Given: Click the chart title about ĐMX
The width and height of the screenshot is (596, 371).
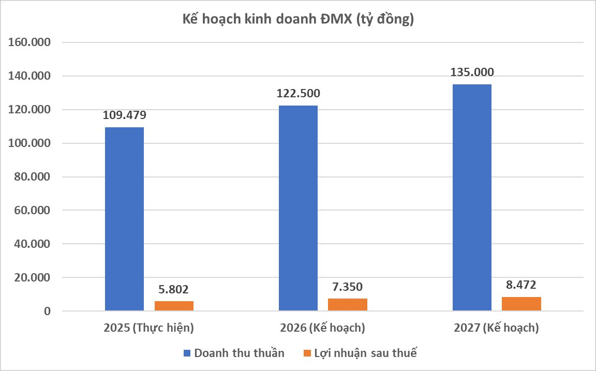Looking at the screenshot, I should click(298, 20).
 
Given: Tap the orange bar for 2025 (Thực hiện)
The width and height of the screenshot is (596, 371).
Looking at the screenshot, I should click(174, 306).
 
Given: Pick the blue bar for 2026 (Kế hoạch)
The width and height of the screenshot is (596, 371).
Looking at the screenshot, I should click(298, 208).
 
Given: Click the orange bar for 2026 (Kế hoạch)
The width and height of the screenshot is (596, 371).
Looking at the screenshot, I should click(348, 305).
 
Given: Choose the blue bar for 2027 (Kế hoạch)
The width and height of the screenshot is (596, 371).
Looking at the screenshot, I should click(472, 198).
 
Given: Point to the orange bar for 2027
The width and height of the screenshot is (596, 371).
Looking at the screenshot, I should click(521, 304).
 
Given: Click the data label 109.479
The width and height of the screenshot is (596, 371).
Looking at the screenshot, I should click(125, 115).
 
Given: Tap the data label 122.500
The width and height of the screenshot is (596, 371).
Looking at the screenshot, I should click(298, 94).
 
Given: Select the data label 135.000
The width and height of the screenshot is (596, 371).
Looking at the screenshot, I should click(472, 72).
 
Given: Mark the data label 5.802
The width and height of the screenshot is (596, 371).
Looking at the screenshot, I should click(174, 289).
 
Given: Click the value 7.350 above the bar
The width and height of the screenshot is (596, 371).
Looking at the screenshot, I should click(348, 287).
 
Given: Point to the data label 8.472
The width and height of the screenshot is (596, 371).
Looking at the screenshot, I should click(521, 285).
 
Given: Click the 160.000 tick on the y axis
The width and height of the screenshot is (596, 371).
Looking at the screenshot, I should click(29, 42).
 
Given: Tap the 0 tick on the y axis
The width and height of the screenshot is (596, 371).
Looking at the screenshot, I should click(48, 311).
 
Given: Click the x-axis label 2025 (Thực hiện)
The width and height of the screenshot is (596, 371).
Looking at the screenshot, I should click(148, 328).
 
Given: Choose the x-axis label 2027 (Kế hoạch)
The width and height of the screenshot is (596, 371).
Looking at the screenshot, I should click(496, 328).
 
